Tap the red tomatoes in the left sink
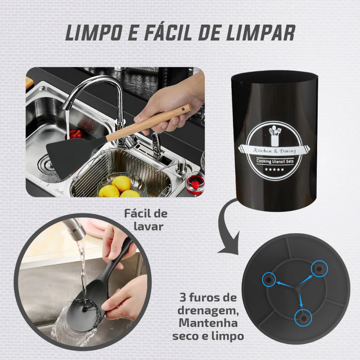[75, 134]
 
